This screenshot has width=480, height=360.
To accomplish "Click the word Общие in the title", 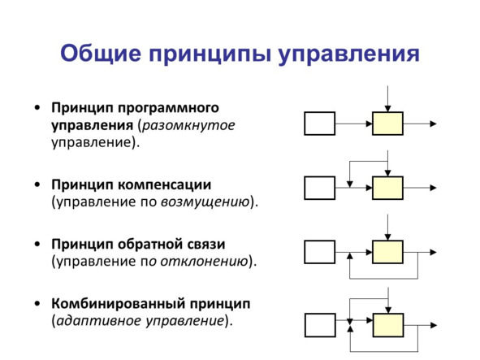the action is click(101, 54).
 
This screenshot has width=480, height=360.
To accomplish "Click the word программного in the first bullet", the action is click(168, 108).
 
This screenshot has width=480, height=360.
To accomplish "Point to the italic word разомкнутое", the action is click(188, 126).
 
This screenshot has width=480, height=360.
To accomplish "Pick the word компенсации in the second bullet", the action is click(164, 184).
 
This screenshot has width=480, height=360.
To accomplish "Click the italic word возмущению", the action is click(205, 202).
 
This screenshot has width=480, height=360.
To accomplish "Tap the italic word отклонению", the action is click(204, 262).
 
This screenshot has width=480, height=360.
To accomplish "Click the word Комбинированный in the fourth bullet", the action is click(118, 304).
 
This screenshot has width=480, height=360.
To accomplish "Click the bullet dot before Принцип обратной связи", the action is click(37, 244).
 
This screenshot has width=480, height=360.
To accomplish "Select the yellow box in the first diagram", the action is click(387, 124).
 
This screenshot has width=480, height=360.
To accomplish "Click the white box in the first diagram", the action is click(319, 124).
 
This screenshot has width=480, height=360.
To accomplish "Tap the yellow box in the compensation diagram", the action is click(387, 188).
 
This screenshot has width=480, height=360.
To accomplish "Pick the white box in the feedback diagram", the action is click(319, 252).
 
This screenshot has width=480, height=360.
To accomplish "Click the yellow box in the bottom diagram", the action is click(388, 325).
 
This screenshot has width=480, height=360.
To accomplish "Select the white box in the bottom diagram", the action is click(320, 325).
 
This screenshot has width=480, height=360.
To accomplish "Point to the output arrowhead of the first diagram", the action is click(433, 124).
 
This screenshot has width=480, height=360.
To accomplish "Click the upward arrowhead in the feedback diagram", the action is click(350, 256).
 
